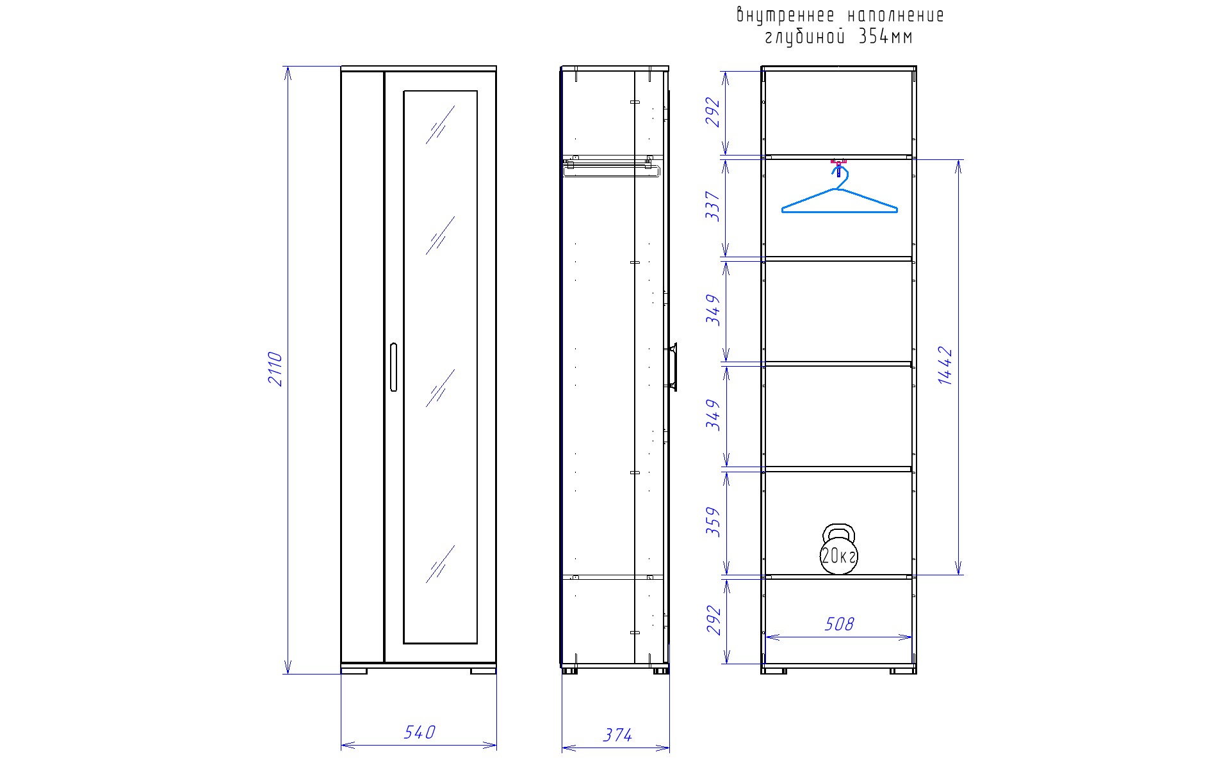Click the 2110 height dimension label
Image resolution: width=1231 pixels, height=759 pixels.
(275, 369)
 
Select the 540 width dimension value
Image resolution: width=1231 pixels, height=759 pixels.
(420, 732)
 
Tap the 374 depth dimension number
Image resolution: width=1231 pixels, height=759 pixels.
(618, 735)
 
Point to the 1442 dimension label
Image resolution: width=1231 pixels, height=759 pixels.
(945, 365)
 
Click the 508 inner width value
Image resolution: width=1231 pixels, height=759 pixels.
(839, 624)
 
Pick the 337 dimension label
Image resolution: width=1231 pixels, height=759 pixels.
(713, 206)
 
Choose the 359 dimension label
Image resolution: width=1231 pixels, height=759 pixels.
(713, 522)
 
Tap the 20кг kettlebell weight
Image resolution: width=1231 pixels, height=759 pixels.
(838, 548)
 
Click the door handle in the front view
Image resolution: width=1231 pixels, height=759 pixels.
(393, 367)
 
